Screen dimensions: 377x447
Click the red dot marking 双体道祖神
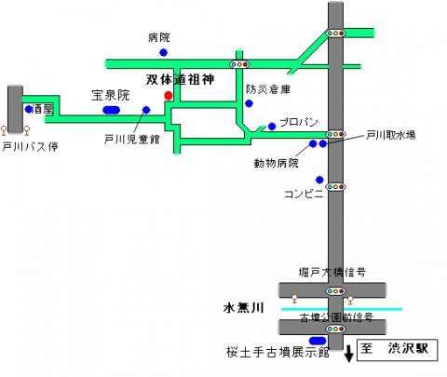pyautogui.click(x=168, y=95)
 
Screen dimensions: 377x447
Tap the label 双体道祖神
pyautogui.click(x=181, y=80)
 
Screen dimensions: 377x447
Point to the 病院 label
pyautogui.click(x=159, y=38)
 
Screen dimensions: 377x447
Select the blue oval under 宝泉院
pyautogui.click(x=111, y=110)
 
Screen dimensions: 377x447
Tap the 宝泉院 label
pyautogui.click(x=110, y=95)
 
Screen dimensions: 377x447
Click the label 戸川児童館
pyautogui.click(x=131, y=139)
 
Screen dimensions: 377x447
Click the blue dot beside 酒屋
pyautogui.click(x=30, y=109)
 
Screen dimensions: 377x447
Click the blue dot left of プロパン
pyautogui.click(x=272, y=126)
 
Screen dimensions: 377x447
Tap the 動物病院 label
pyautogui.click(x=277, y=163)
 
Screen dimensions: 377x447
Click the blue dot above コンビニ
pyautogui.click(x=319, y=180)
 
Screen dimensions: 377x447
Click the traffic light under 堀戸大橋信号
pyautogui.click(x=335, y=291)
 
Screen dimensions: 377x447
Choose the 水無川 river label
pyautogui.click(x=246, y=306)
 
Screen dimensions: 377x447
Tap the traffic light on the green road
pyautogui.click(x=241, y=64)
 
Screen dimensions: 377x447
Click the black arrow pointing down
pyautogui.click(x=349, y=354)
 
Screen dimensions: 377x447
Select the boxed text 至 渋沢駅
pyautogui.click(x=394, y=350)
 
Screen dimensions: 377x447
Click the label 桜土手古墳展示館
pyautogui.click(x=278, y=352)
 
